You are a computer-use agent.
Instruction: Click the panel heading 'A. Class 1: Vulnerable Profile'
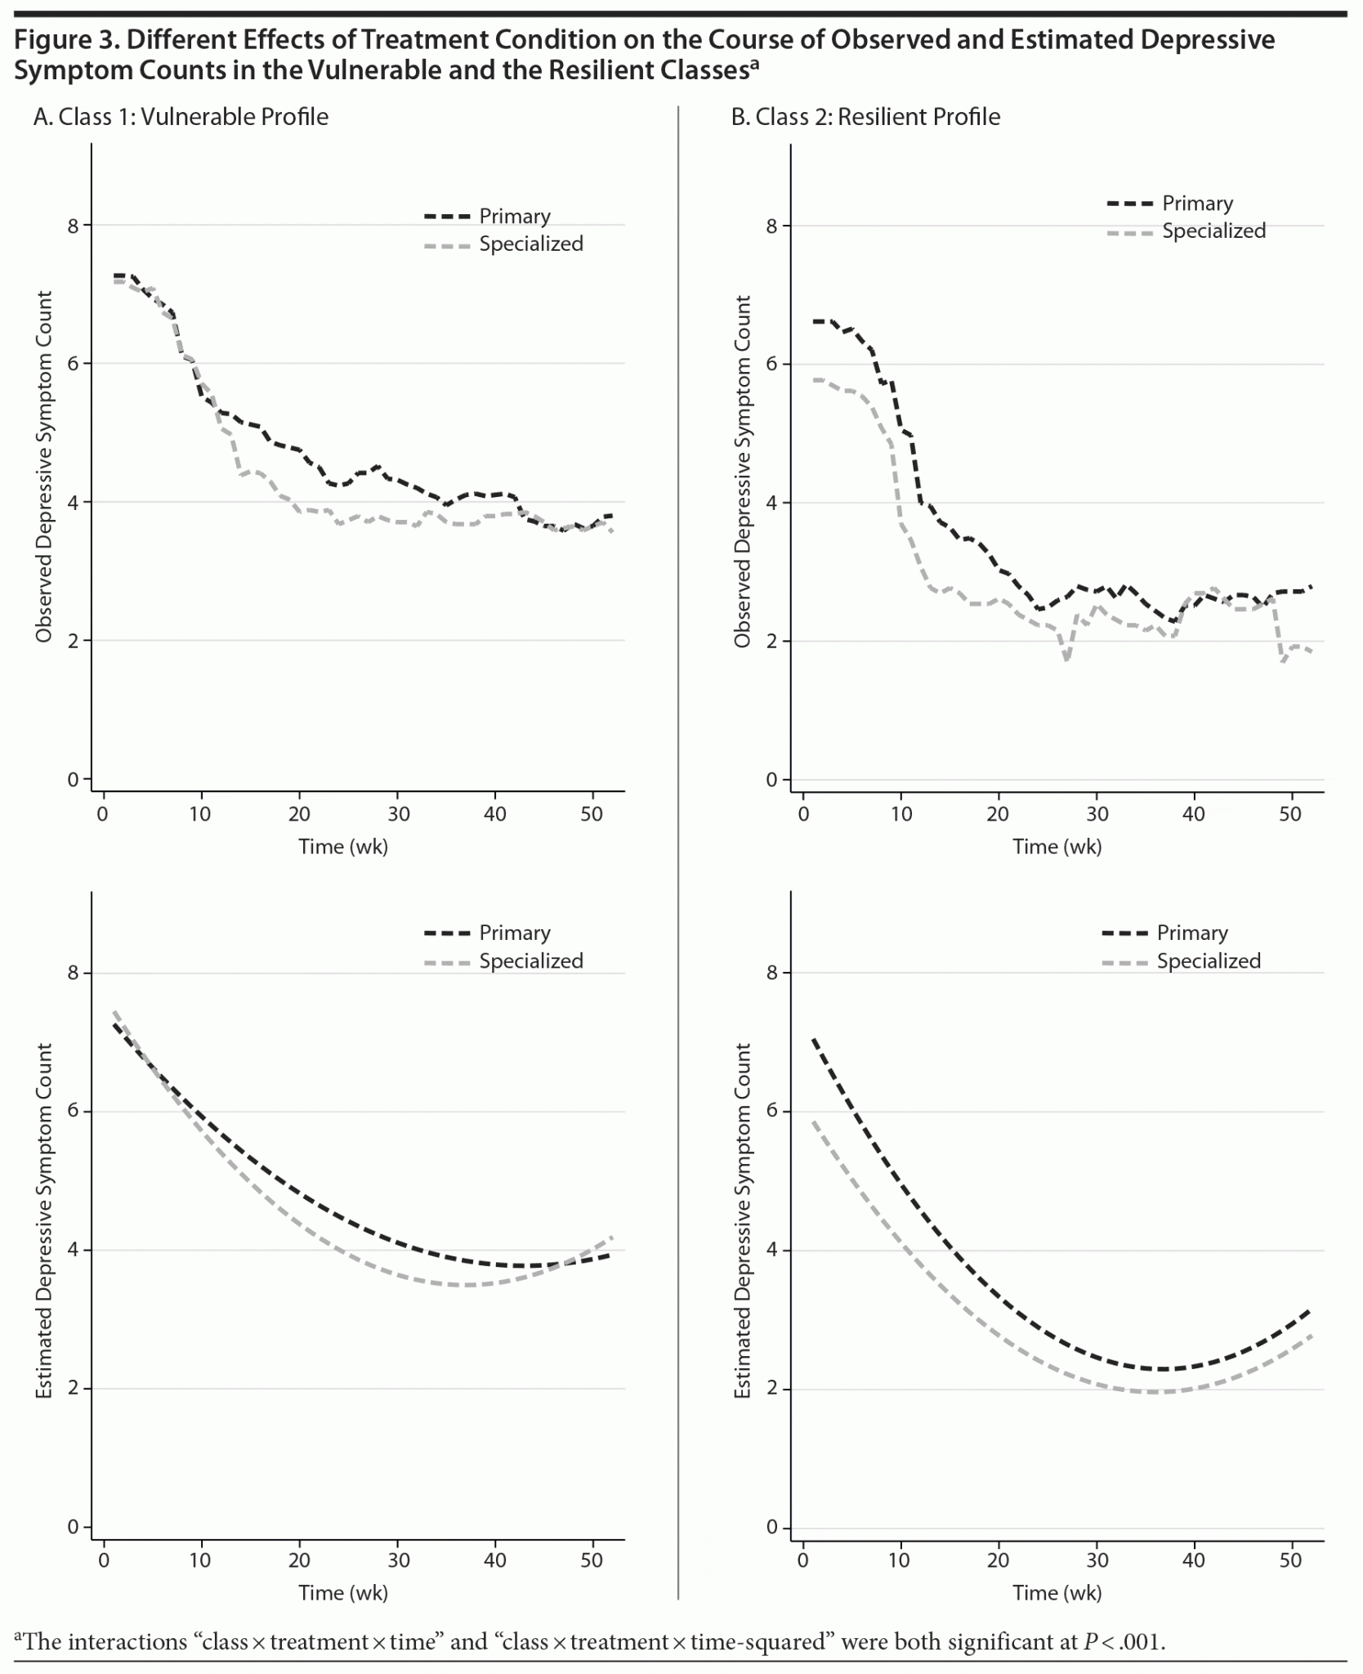(181, 117)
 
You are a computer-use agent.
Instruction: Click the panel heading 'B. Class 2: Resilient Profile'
(865, 117)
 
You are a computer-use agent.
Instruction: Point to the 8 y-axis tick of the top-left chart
(74, 226)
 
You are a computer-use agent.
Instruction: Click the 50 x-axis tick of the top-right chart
(1290, 814)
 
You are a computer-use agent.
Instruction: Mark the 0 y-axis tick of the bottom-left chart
(74, 1527)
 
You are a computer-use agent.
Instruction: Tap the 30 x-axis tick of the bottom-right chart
(1097, 1560)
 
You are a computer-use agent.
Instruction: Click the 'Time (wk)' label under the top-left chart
(343, 847)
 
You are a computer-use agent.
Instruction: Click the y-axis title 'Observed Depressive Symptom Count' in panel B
(742, 472)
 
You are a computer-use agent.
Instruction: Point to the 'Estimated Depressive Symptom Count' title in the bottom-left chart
(44, 1220)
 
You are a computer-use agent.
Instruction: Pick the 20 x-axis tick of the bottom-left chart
(299, 1560)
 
